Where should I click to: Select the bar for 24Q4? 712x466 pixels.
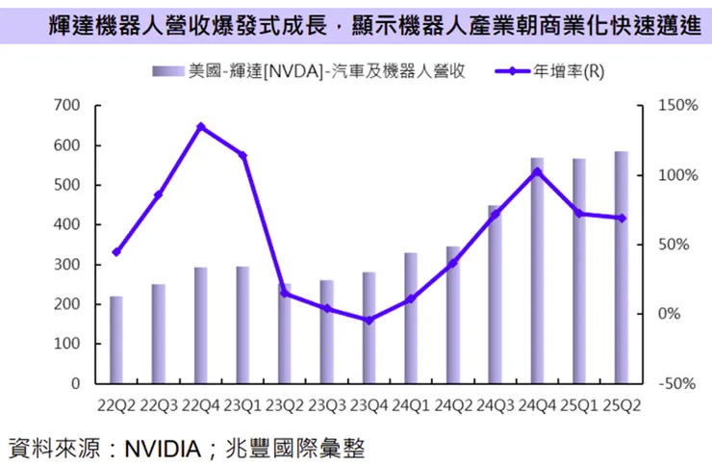click(537, 271)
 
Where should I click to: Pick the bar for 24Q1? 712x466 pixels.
click(411, 318)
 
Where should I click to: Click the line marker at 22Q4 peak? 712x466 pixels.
click(200, 126)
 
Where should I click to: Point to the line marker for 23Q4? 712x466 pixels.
click(369, 320)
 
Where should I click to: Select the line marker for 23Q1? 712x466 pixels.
click(242, 156)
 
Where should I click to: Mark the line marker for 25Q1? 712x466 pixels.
click(579, 214)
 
